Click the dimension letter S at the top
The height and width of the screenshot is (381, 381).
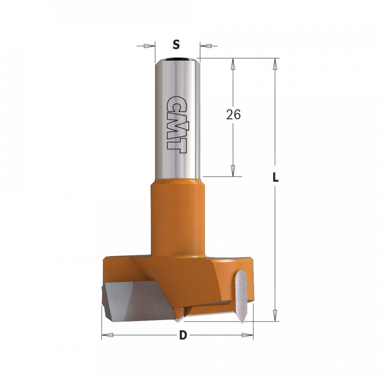(x=177, y=44)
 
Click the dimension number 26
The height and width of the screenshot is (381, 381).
(x=233, y=115)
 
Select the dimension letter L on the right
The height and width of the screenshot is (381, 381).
(x=276, y=178)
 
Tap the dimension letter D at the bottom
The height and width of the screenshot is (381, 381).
(x=182, y=336)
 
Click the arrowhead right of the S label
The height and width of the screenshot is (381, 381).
(x=205, y=46)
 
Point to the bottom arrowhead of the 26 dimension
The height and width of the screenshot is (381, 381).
(x=232, y=171)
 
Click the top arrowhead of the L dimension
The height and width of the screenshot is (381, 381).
(x=275, y=63)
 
